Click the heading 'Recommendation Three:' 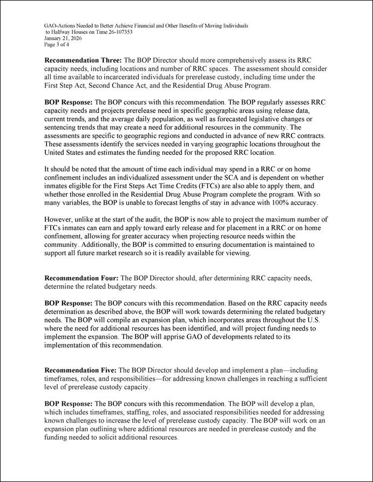point(83,61)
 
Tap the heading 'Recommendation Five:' point(80,371)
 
